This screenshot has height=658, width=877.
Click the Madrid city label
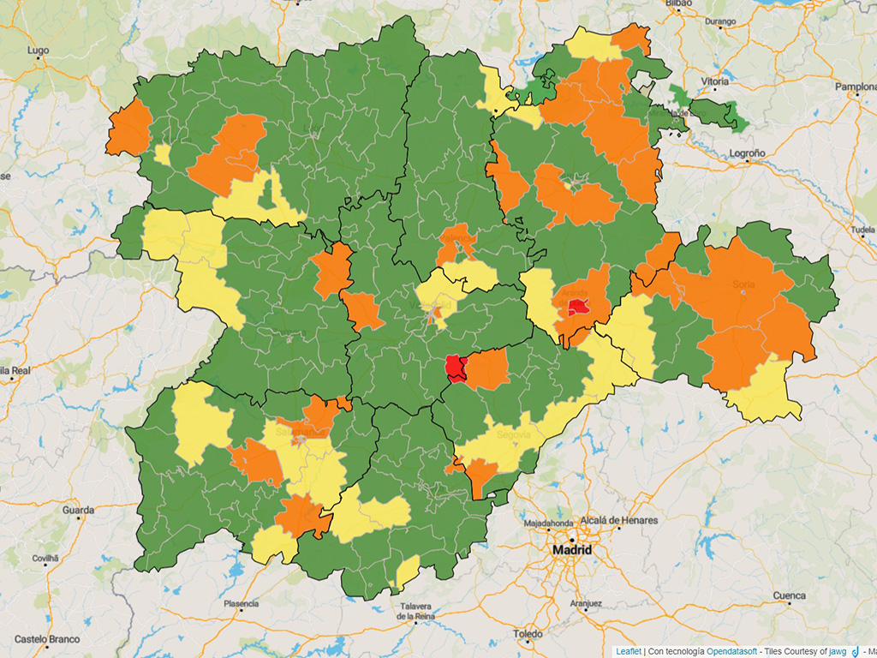click(x=572, y=549)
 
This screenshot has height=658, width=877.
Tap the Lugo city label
click(x=38, y=51)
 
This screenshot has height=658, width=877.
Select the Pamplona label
click(x=856, y=87)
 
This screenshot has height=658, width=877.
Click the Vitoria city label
click(x=715, y=81)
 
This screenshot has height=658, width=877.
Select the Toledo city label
click(x=528, y=634)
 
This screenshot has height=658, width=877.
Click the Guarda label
click(x=78, y=510)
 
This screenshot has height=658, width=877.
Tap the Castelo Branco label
click(x=47, y=639)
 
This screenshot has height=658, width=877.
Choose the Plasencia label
click(x=241, y=604)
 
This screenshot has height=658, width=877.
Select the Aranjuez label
click(x=586, y=603)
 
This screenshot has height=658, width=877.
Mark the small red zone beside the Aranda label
click(x=578, y=307)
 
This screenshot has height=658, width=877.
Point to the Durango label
click(x=720, y=21)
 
